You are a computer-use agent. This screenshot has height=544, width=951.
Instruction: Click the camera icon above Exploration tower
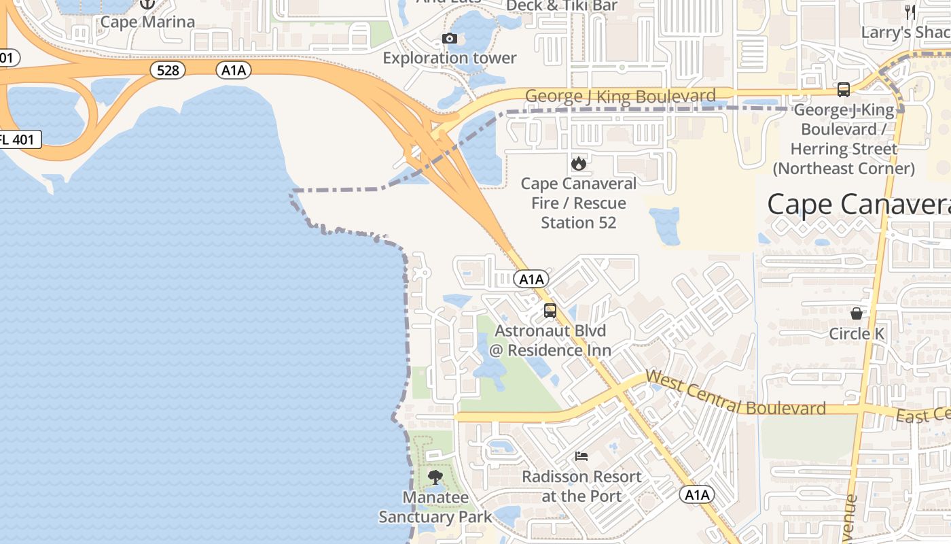(449, 39)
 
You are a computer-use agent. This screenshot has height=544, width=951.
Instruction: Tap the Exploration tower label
(450, 58)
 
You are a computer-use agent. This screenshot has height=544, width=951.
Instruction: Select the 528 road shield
(168, 70)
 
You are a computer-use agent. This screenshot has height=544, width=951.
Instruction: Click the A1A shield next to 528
(234, 70)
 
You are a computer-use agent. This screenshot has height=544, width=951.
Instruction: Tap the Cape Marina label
(147, 22)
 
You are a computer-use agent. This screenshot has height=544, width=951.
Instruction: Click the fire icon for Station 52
(578, 163)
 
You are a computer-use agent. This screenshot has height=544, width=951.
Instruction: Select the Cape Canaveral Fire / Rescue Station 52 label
(579, 203)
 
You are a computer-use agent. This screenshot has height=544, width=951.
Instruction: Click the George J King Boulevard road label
(620, 97)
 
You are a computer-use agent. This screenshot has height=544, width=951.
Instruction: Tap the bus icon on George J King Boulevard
(844, 89)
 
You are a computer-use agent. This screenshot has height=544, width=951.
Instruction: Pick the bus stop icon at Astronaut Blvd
(550, 311)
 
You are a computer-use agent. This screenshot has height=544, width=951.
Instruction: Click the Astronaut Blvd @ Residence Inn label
(550, 341)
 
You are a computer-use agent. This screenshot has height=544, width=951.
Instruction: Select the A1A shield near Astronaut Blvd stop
(531, 279)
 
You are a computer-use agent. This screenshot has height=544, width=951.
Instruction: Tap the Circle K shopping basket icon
(857, 313)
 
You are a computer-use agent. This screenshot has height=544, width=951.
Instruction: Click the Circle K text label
(857, 334)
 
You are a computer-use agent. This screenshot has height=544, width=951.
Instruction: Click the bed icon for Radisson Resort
(581, 456)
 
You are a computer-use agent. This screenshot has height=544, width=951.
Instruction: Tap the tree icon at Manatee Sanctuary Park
(435, 477)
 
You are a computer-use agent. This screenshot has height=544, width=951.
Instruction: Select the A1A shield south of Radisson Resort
(698, 495)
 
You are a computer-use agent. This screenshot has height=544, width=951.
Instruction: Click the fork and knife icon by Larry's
(910, 12)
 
